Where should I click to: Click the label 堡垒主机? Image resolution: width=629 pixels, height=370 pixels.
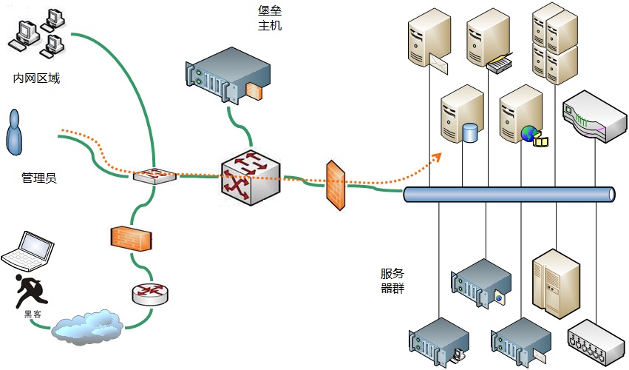[x=270, y=18]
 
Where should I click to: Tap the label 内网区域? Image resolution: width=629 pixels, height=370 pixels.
[x=36, y=78]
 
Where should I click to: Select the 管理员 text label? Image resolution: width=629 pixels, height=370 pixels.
[x=39, y=178]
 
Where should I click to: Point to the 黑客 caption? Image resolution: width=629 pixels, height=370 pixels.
[x=33, y=314]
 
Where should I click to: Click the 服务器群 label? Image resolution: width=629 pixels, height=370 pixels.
[x=392, y=280]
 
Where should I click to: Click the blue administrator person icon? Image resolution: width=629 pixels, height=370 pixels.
[x=15, y=132]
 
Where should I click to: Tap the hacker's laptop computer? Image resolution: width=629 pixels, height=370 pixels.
[x=27, y=252]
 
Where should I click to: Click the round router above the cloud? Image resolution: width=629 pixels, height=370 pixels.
[x=150, y=295]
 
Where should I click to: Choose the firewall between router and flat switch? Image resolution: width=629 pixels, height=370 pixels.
[x=131, y=239]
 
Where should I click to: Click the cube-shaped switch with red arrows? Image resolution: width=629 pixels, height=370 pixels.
[x=251, y=178]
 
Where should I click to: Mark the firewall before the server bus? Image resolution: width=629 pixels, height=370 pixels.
[x=336, y=185]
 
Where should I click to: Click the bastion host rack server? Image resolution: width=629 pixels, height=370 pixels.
[x=228, y=75]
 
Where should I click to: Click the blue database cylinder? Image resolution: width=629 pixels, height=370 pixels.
[x=470, y=133]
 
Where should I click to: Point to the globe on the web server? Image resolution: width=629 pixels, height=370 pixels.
[x=529, y=133]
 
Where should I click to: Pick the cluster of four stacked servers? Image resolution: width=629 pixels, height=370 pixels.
[x=555, y=44]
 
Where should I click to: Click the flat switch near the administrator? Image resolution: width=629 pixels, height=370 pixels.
[x=154, y=175]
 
